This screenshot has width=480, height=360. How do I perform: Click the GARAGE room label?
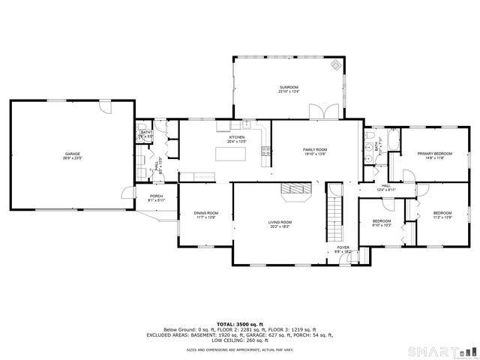[73, 154]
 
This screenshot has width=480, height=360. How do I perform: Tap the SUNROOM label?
[289, 88]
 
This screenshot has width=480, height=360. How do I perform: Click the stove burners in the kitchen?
[265, 151]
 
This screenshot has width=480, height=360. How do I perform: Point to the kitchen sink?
[246, 124]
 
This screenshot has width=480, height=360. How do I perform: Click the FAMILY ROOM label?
[315, 150]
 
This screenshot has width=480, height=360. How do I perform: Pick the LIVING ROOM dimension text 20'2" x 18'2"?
[280, 226]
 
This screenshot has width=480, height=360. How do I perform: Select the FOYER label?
[343, 247]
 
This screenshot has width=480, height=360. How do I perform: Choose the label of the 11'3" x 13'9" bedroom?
[442, 214]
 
